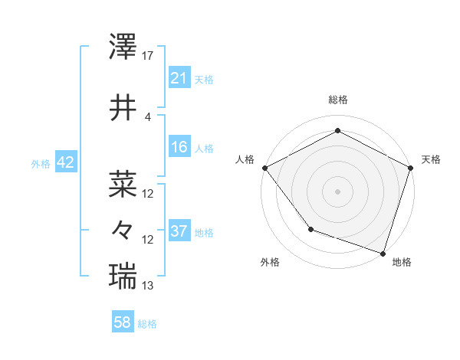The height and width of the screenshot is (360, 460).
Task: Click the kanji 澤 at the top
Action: tap(123, 48)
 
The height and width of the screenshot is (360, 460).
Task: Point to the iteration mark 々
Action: tap(123, 229)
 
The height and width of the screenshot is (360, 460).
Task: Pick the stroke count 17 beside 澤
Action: tap(148, 56)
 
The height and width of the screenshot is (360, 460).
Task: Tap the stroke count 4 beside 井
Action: tap(148, 116)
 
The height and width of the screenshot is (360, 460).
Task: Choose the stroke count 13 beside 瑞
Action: tap(148, 286)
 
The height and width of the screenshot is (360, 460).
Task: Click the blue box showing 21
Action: tap(179, 77)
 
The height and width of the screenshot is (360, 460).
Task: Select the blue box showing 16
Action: tap(179, 147)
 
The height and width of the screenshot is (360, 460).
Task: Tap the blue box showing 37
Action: tap(179, 231)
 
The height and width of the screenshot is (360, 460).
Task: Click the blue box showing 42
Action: tap(64, 162)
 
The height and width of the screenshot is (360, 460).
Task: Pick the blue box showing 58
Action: tap(123, 323)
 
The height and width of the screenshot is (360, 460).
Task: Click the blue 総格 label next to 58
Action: tap(147, 324)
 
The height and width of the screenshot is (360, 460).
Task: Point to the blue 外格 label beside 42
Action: tap(40, 163)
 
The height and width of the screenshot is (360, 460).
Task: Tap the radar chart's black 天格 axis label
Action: tap(431, 159)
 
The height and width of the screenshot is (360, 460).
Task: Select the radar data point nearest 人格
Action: tap(264, 168)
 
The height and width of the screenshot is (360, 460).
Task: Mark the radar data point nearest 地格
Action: tap(383, 253)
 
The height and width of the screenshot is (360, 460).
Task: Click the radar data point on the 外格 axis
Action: tap(310, 228)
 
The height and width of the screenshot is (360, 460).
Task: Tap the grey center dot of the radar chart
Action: tap(337, 191)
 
